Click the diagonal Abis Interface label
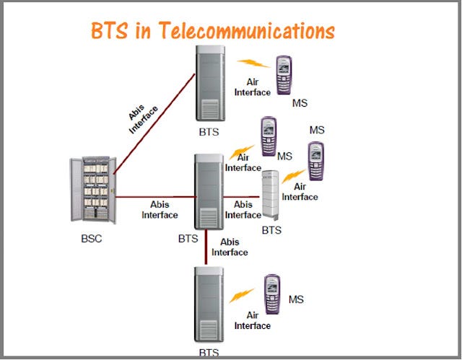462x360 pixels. tap(142, 117)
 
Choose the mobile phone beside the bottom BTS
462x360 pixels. tap(272, 295)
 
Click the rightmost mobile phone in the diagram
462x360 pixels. tap(315, 161)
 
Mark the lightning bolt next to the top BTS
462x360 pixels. tap(255, 63)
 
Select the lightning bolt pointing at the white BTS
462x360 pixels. tap(292, 175)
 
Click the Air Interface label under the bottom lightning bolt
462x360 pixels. tap(252, 320)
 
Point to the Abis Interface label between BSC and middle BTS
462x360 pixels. tap(160, 209)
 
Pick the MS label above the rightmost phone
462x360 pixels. tap(317, 130)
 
